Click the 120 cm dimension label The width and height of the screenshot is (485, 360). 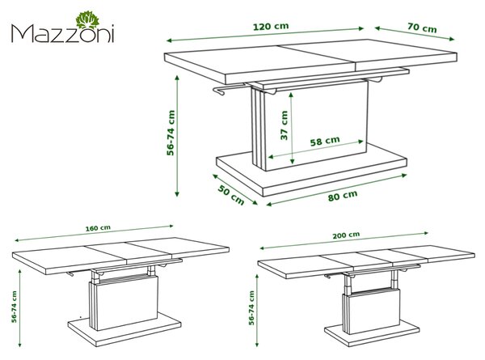pos(271,27)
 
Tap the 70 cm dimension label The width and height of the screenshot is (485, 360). pos(422,28)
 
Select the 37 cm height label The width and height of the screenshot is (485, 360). pos(284,125)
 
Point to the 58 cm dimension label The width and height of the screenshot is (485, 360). pos(325,141)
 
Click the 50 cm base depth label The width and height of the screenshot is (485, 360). pos(231,195)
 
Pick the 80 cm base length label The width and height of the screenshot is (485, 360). pos(343,196)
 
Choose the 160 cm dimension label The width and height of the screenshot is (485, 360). pos(98,228)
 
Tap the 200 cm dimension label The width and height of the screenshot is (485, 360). pos(346,235)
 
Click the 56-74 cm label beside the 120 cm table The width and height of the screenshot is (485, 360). pos(171,133)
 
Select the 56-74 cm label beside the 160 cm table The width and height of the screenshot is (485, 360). pos(15,307)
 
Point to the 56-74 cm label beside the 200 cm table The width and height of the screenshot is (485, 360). pos(251,307)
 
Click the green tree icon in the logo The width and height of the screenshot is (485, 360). pos(87,19)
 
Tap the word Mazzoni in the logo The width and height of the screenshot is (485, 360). pos(63,33)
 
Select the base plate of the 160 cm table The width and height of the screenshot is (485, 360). pos(124,329)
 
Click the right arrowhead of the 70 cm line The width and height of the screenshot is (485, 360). pos(452,39)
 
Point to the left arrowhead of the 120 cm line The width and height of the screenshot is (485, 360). pos(169,40)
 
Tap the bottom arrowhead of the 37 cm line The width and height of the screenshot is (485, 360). pos(293,161)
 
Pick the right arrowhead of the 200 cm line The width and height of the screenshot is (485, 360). pos(426,233)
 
